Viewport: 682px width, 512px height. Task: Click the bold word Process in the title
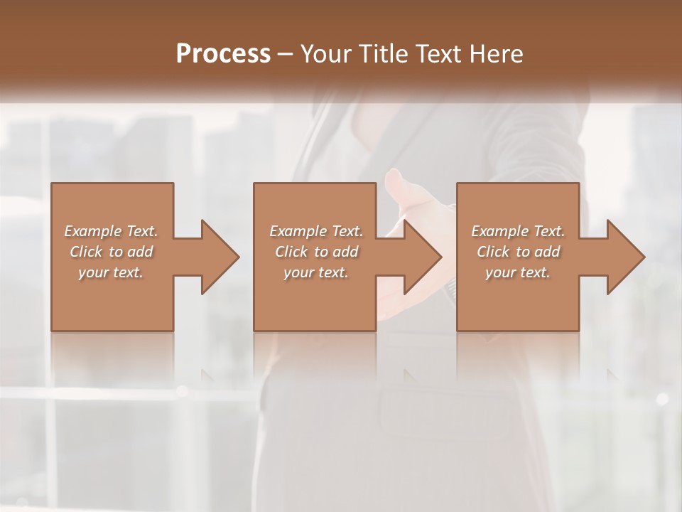pyautogui.click(x=223, y=53)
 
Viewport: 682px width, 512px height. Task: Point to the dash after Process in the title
pyautogui.click(x=286, y=54)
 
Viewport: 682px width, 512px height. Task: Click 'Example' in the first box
pyautogui.click(x=92, y=231)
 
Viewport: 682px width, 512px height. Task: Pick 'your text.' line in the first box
pyautogui.click(x=111, y=272)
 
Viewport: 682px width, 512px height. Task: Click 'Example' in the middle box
pyautogui.click(x=298, y=231)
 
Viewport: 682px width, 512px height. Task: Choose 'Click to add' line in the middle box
pyautogui.click(x=316, y=252)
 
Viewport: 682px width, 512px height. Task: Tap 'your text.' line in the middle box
pyautogui.click(x=316, y=272)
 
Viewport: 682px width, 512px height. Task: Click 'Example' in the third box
pyautogui.click(x=499, y=231)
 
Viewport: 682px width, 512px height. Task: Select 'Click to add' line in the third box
pyautogui.click(x=519, y=252)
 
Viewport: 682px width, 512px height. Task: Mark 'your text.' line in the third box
pyautogui.click(x=518, y=272)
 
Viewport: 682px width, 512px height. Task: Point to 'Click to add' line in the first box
pyautogui.click(x=111, y=252)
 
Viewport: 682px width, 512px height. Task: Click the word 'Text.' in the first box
pyautogui.click(x=142, y=231)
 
